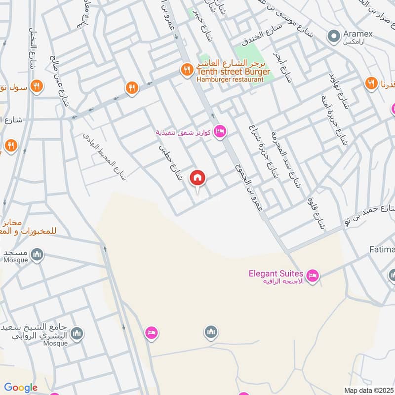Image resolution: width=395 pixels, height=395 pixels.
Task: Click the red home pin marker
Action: coord(198,178)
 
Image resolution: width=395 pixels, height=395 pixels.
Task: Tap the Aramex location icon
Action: coord(334,36)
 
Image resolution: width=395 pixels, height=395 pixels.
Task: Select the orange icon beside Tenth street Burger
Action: coord(187,70)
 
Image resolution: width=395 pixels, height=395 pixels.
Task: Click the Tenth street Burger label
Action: coord(234,72)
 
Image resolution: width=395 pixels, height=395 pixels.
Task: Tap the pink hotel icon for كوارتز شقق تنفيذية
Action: coord(220,131)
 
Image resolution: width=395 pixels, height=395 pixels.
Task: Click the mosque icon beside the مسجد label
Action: coord(37,255)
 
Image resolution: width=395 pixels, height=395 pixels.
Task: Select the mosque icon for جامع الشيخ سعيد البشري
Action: coord(77,334)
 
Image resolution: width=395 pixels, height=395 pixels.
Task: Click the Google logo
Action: coord(21,388)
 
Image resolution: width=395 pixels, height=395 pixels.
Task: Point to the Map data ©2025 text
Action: coord(368,390)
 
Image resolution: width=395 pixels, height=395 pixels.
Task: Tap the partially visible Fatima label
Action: coord(382,250)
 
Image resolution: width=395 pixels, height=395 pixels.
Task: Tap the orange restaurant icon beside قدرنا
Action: coord(371,83)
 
